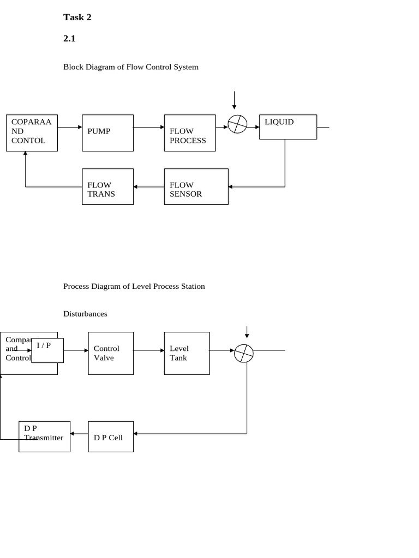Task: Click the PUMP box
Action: pyautogui.click(x=107, y=132)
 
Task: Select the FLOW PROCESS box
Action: pyautogui.click(x=189, y=132)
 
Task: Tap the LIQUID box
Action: pyautogui.click(x=288, y=126)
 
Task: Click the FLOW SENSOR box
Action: pyautogui.click(x=196, y=186)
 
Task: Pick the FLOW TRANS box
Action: pyautogui.click(x=107, y=186)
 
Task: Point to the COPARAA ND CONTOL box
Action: pyautogui.click(x=32, y=132)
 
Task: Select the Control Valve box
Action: pyautogui.click(x=110, y=353)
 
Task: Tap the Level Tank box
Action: pyautogui.click(x=186, y=353)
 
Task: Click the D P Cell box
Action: pyautogui.click(x=110, y=436)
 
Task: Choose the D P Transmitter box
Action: pyautogui.click(x=44, y=436)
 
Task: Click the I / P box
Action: pyautogui.click(x=47, y=350)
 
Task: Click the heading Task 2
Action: pyautogui.click(x=77, y=17)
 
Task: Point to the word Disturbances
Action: pyautogui.click(x=85, y=314)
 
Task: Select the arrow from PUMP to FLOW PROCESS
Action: pyautogui.click(x=148, y=128)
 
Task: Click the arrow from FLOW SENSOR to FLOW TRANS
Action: pyautogui.click(x=148, y=187)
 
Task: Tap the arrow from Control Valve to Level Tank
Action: pyautogui.click(x=148, y=350)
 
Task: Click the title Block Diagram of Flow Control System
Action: pyautogui.click(x=131, y=67)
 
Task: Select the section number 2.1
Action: pyautogui.click(x=69, y=39)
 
